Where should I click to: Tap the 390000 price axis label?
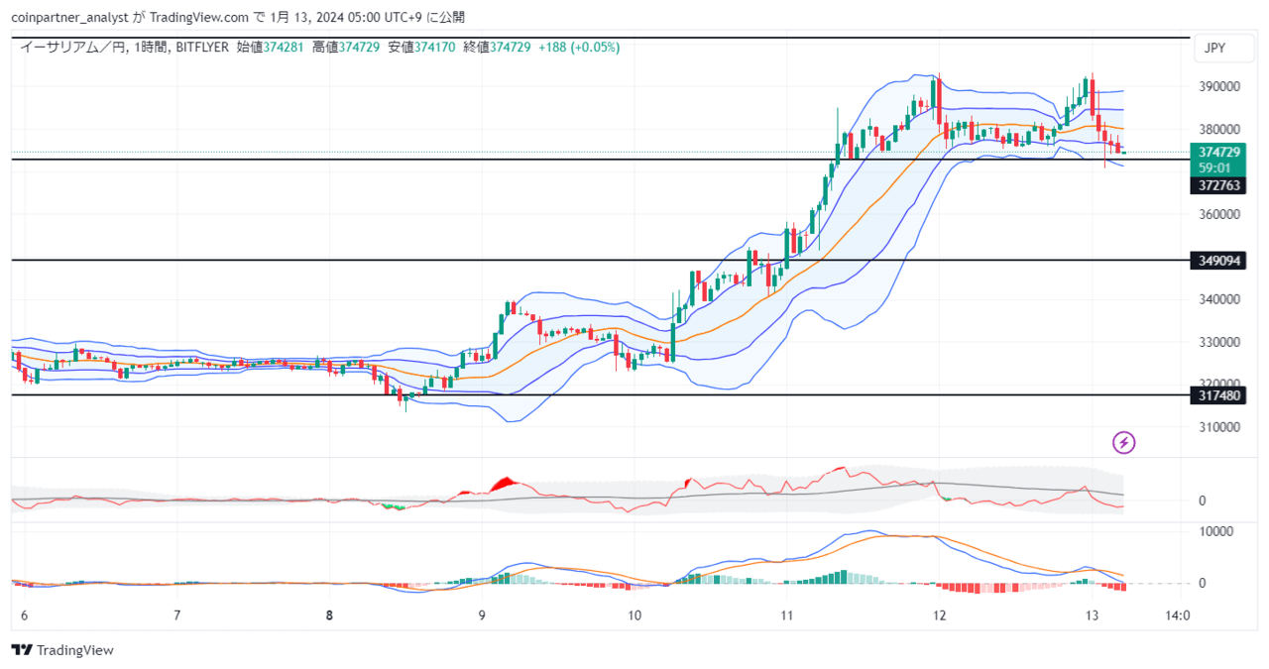tap(1219, 86)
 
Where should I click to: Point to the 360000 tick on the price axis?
tap(1219, 214)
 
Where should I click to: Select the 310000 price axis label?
tap(1219, 427)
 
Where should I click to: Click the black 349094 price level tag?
tap(1218, 261)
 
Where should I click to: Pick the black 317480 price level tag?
tap(1218, 395)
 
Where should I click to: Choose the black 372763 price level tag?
tap(1218, 185)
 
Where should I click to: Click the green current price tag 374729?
tap(1218, 153)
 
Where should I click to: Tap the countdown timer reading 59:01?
tap(1214, 168)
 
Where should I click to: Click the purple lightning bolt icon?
tap(1123, 442)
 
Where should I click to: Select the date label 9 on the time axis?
tap(482, 615)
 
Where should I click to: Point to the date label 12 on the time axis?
tap(939, 615)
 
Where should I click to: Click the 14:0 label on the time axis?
tap(1177, 615)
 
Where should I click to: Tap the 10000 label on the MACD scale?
tap(1215, 531)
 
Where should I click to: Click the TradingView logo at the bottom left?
tap(62, 650)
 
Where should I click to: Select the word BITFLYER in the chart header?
tap(202, 47)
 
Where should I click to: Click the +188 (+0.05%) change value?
tap(579, 47)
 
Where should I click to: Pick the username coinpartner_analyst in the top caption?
tap(69, 18)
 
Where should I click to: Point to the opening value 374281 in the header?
tap(284, 47)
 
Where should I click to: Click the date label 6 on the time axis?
tap(25, 615)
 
